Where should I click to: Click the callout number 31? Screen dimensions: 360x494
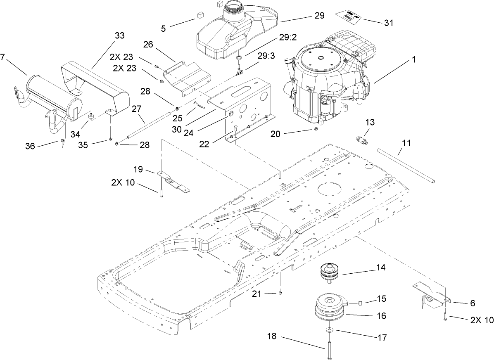389,23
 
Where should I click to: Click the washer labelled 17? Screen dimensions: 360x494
329,330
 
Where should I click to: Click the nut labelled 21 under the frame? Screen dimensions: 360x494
280,293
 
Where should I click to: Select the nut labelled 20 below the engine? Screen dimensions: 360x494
315,130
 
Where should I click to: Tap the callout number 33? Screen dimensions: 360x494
119,36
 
